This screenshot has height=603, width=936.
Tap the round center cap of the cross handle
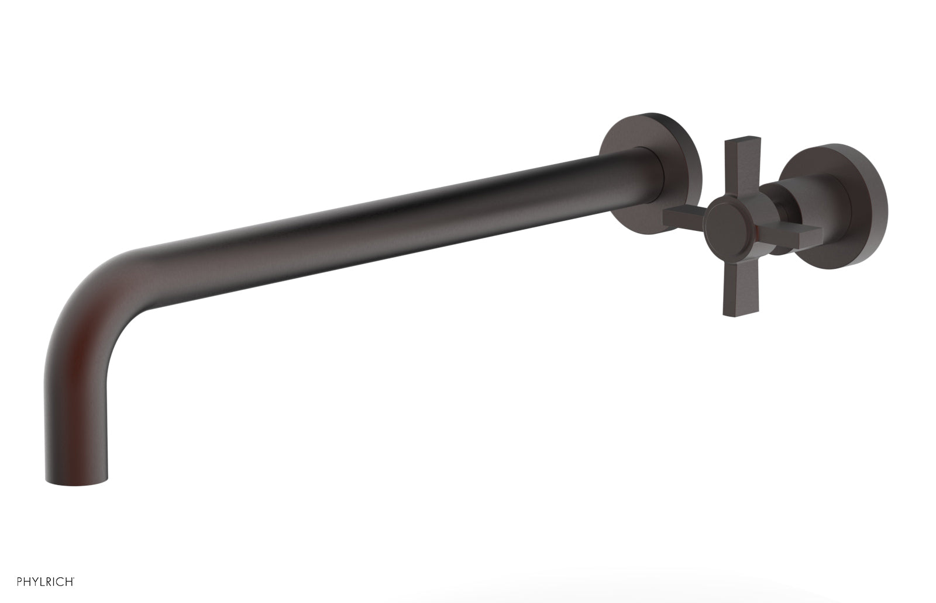(727, 226)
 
